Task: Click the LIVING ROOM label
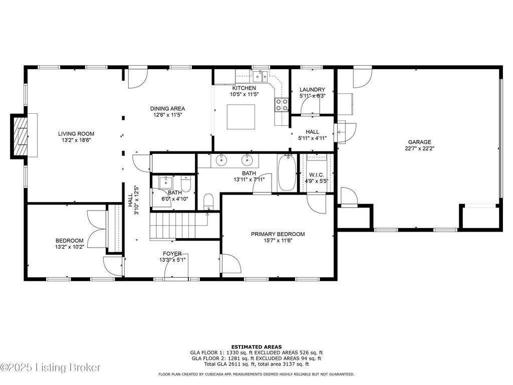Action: [x=76, y=133]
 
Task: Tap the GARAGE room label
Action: [x=419, y=142]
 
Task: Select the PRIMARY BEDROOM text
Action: [x=278, y=234]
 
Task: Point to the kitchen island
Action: [x=241, y=116]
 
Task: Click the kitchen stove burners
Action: [x=282, y=105]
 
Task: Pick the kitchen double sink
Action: [x=260, y=77]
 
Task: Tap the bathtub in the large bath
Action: [x=287, y=173]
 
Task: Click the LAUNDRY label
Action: [x=313, y=90]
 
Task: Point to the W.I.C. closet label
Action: [x=317, y=175]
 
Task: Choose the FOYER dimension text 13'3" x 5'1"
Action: [x=172, y=260]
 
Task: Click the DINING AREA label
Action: [x=167, y=108]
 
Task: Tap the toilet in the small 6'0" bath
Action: [x=186, y=184]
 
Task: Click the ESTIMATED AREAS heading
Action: [x=256, y=347]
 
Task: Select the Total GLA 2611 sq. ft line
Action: [x=256, y=364]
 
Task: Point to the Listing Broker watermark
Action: [x=51, y=367]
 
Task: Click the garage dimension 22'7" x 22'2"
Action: [x=419, y=148]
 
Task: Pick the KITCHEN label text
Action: [x=244, y=88]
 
